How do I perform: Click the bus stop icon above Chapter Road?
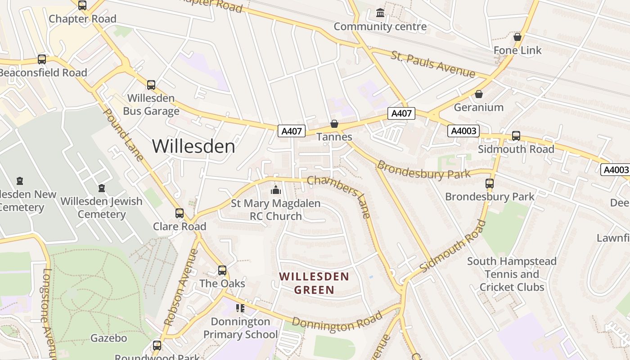82,5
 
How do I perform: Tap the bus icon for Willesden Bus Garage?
151,85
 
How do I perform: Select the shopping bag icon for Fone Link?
517,37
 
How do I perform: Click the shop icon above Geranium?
479,94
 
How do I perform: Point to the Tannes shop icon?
334,124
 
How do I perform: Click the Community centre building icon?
380,13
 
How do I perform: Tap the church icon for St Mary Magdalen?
276,190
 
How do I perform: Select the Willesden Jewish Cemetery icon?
102,188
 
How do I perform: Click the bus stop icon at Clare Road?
180,213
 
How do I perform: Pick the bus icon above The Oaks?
222,270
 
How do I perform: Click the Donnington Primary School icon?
240,308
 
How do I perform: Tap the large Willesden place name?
193,146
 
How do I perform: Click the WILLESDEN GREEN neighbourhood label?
314,283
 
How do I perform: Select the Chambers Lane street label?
340,197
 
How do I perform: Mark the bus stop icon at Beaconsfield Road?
42,59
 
